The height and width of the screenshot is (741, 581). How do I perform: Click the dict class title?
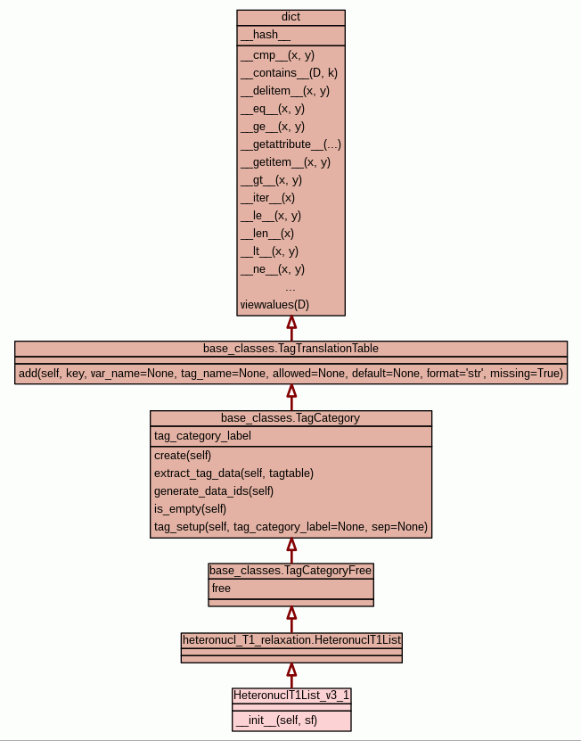[x=290, y=17]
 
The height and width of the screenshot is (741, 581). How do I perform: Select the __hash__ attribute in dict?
[x=265, y=35]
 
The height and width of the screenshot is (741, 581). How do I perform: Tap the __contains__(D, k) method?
[x=289, y=73]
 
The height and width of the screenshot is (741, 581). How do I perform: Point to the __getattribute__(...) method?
[x=290, y=144]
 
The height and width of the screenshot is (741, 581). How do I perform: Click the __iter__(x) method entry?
[x=267, y=198]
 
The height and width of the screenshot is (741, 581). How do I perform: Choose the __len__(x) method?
[x=266, y=234]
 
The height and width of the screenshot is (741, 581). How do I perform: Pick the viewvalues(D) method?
[x=274, y=305]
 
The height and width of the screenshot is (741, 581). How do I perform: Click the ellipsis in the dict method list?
[x=290, y=287]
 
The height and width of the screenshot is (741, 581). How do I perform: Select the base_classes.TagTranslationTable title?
[x=290, y=348]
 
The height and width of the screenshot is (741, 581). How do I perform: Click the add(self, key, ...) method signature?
[x=290, y=374]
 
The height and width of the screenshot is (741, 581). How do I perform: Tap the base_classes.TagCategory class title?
[x=290, y=417]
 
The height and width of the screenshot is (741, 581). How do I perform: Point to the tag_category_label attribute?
[x=202, y=436]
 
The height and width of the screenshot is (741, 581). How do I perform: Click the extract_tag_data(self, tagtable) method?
[x=233, y=473]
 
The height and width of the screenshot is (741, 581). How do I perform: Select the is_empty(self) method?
[x=190, y=509]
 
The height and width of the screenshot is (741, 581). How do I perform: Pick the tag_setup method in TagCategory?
[x=290, y=527]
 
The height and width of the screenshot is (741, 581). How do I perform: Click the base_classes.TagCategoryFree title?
[x=290, y=570]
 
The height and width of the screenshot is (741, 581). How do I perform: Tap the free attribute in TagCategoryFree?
[x=221, y=589]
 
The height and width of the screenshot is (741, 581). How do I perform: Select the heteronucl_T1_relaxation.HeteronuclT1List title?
[x=291, y=639]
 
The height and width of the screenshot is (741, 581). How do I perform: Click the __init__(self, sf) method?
[x=275, y=720]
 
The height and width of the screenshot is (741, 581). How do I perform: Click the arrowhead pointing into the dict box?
[x=290, y=323]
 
